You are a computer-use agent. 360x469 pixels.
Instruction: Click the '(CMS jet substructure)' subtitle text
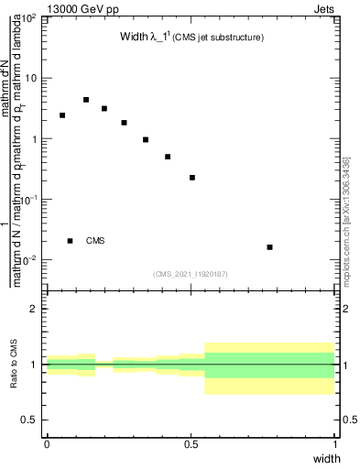click(x=219, y=38)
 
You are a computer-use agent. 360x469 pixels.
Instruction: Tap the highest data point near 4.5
click(x=86, y=100)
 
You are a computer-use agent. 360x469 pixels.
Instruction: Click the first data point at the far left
click(x=62, y=115)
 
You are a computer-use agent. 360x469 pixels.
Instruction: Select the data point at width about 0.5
click(x=192, y=178)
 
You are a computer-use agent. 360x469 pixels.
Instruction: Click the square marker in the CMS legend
click(x=71, y=241)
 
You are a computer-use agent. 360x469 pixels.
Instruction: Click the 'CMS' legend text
click(x=95, y=241)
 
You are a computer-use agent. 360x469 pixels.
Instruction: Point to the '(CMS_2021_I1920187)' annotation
click(x=191, y=274)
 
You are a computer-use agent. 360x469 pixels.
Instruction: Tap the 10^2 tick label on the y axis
click(x=29, y=18)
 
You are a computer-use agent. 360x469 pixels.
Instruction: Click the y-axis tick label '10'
click(x=31, y=79)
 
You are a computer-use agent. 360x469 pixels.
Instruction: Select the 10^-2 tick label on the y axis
click(x=29, y=260)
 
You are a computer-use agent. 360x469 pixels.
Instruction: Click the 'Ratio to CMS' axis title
click(x=15, y=364)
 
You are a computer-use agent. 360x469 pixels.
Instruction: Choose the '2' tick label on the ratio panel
click(x=36, y=309)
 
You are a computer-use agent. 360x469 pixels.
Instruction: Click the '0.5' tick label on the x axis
click(x=191, y=443)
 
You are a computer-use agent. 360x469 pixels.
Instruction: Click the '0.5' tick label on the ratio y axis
click(x=31, y=420)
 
